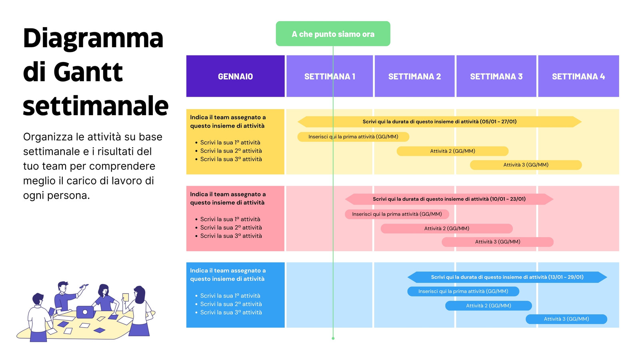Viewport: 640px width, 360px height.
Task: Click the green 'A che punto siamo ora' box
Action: pos(333,34)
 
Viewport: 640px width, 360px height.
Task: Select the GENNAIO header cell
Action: pos(236,76)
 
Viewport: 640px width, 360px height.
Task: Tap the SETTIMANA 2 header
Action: pos(414,76)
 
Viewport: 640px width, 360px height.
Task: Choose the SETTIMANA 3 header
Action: pos(496,76)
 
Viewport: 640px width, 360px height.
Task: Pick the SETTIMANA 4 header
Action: pos(578,76)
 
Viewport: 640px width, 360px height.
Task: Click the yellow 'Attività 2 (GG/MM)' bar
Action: pos(452,151)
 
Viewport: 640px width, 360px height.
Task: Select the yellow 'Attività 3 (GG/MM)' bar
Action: pos(526,165)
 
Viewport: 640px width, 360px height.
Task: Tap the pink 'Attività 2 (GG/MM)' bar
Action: pos(446,228)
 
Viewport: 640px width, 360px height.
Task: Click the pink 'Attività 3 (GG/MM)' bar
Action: pos(498,242)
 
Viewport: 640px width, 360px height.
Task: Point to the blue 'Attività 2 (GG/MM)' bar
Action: pos(488,306)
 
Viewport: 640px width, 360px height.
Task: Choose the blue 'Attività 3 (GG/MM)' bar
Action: pos(566,319)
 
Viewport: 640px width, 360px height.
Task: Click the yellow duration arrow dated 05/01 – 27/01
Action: pos(440,122)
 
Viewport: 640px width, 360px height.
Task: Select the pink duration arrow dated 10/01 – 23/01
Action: pos(449,199)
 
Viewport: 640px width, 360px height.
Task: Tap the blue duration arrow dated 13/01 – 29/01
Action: pos(507,277)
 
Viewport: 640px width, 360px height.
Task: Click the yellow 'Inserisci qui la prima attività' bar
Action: pos(353,137)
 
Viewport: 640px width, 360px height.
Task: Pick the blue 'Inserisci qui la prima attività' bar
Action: pos(463,292)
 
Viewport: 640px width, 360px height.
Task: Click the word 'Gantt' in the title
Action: pos(88,72)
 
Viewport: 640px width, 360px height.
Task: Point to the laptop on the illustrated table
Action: pos(85,312)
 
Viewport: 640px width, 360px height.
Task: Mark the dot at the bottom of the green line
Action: pos(333,338)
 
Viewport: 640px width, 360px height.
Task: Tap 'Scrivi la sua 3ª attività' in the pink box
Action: pos(231,236)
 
